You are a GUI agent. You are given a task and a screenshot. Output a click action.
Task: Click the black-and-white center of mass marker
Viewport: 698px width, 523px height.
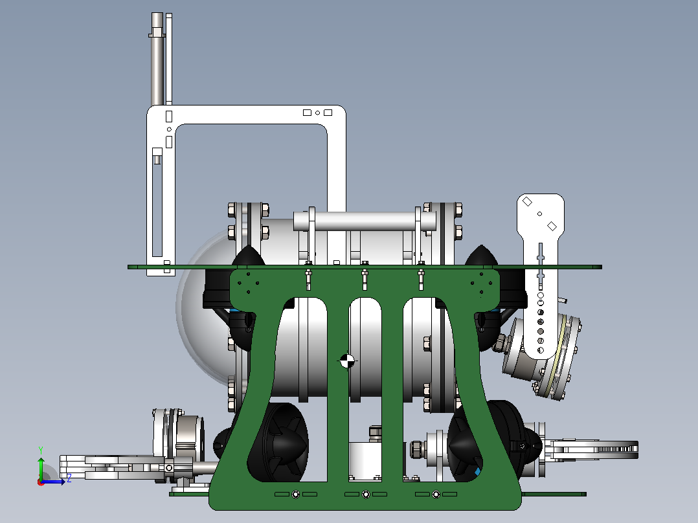tap(347, 361)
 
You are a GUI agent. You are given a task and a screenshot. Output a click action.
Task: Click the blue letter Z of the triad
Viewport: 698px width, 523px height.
tap(69, 479)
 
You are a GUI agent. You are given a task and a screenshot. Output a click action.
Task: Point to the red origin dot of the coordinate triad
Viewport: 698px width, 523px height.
tap(41, 482)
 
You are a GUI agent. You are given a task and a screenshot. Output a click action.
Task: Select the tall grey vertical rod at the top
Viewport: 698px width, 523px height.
tap(157, 59)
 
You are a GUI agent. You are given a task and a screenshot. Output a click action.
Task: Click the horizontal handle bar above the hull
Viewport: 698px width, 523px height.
tap(364, 221)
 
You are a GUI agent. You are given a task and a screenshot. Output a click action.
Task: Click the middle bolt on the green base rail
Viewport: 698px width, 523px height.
tap(366, 494)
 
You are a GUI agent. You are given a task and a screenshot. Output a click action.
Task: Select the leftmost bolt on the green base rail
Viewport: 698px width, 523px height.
tap(295, 494)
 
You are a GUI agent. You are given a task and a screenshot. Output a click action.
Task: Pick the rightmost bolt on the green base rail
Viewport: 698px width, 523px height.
tap(436, 494)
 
